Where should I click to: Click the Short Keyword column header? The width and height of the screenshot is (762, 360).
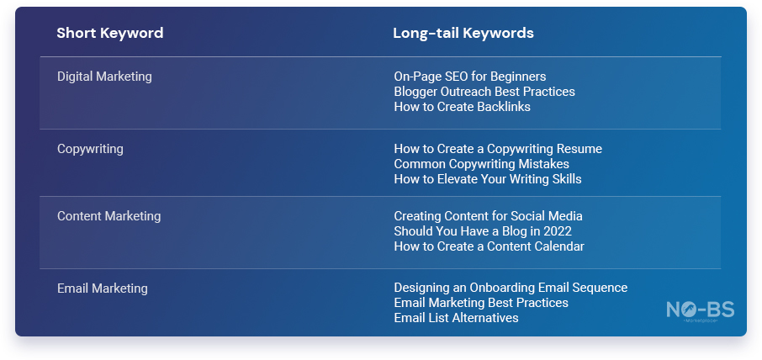(x=110, y=33)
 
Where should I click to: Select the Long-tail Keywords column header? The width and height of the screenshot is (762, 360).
(x=463, y=33)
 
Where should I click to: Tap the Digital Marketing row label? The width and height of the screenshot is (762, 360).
(x=104, y=77)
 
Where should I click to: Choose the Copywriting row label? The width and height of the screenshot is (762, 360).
(x=90, y=149)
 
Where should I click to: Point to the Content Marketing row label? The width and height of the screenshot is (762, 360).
(x=108, y=215)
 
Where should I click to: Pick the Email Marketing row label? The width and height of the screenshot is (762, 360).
(x=103, y=289)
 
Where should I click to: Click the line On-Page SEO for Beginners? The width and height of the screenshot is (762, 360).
(x=470, y=77)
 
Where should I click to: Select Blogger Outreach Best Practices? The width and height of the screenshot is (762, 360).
(x=484, y=92)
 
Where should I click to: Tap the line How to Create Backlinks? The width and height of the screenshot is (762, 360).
(x=462, y=106)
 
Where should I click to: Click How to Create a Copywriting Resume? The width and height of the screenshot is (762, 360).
(x=498, y=149)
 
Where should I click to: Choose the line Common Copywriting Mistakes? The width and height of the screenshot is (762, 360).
(x=482, y=164)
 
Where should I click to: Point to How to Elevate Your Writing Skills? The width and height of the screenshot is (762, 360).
(x=488, y=179)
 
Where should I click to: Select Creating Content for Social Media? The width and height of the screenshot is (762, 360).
(x=489, y=215)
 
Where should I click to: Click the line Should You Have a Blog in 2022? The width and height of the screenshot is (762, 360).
(x=483, y=230)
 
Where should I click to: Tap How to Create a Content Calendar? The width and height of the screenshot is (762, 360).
(x=489, y=246)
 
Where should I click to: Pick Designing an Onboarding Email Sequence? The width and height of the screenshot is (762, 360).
(x=511, y=288)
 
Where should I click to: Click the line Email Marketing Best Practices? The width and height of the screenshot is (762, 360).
(x=481, y=303)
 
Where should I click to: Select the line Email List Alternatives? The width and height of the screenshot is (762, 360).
(x=457, y=318)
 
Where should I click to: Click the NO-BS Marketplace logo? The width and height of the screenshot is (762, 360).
(x=701, y=312)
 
